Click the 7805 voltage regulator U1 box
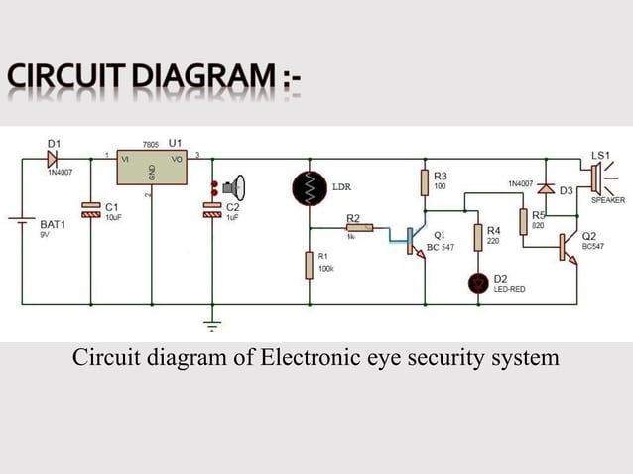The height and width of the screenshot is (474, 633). (x=151, y=168)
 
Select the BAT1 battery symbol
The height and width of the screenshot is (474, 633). (x=22, y=225)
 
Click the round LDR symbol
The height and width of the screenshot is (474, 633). (x=310, y=188)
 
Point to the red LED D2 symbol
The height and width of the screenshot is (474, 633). (x=478, y=283)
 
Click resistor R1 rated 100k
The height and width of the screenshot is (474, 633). (x=310, y=266)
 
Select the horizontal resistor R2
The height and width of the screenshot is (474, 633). (x=359, y=228)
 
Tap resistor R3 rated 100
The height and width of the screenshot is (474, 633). (x=425, y=181)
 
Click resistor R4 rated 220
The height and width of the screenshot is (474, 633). (x=478, y=237)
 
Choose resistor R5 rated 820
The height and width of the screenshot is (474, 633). (x=523, y=221)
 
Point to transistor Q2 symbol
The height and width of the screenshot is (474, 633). (x=568, y=246)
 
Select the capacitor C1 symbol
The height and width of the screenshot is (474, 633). (x=90, y=208)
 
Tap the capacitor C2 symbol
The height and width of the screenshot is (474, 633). (x=211, y=208)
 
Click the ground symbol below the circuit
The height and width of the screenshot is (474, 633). (x=211, y=323)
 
